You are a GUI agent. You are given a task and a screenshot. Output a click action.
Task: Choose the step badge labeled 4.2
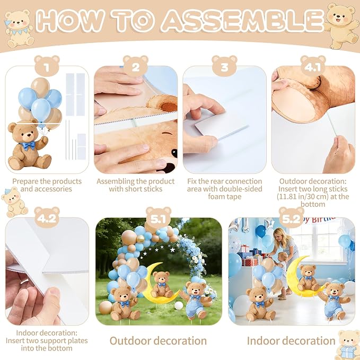47,217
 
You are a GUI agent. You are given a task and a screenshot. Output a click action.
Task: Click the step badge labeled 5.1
159,217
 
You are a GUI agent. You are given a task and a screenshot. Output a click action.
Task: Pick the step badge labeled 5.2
292,217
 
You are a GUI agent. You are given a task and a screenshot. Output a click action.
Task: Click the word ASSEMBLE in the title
243,20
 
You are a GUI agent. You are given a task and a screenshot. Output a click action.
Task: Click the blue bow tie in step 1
28,146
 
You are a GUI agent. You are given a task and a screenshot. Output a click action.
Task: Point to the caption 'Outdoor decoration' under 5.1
158,341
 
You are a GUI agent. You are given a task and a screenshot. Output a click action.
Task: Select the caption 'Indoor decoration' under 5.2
291,341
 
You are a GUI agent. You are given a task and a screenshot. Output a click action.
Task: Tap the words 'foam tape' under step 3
225,197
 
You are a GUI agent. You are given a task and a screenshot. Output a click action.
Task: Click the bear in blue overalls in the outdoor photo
196,300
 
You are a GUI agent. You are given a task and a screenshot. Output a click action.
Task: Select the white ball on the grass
179,305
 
